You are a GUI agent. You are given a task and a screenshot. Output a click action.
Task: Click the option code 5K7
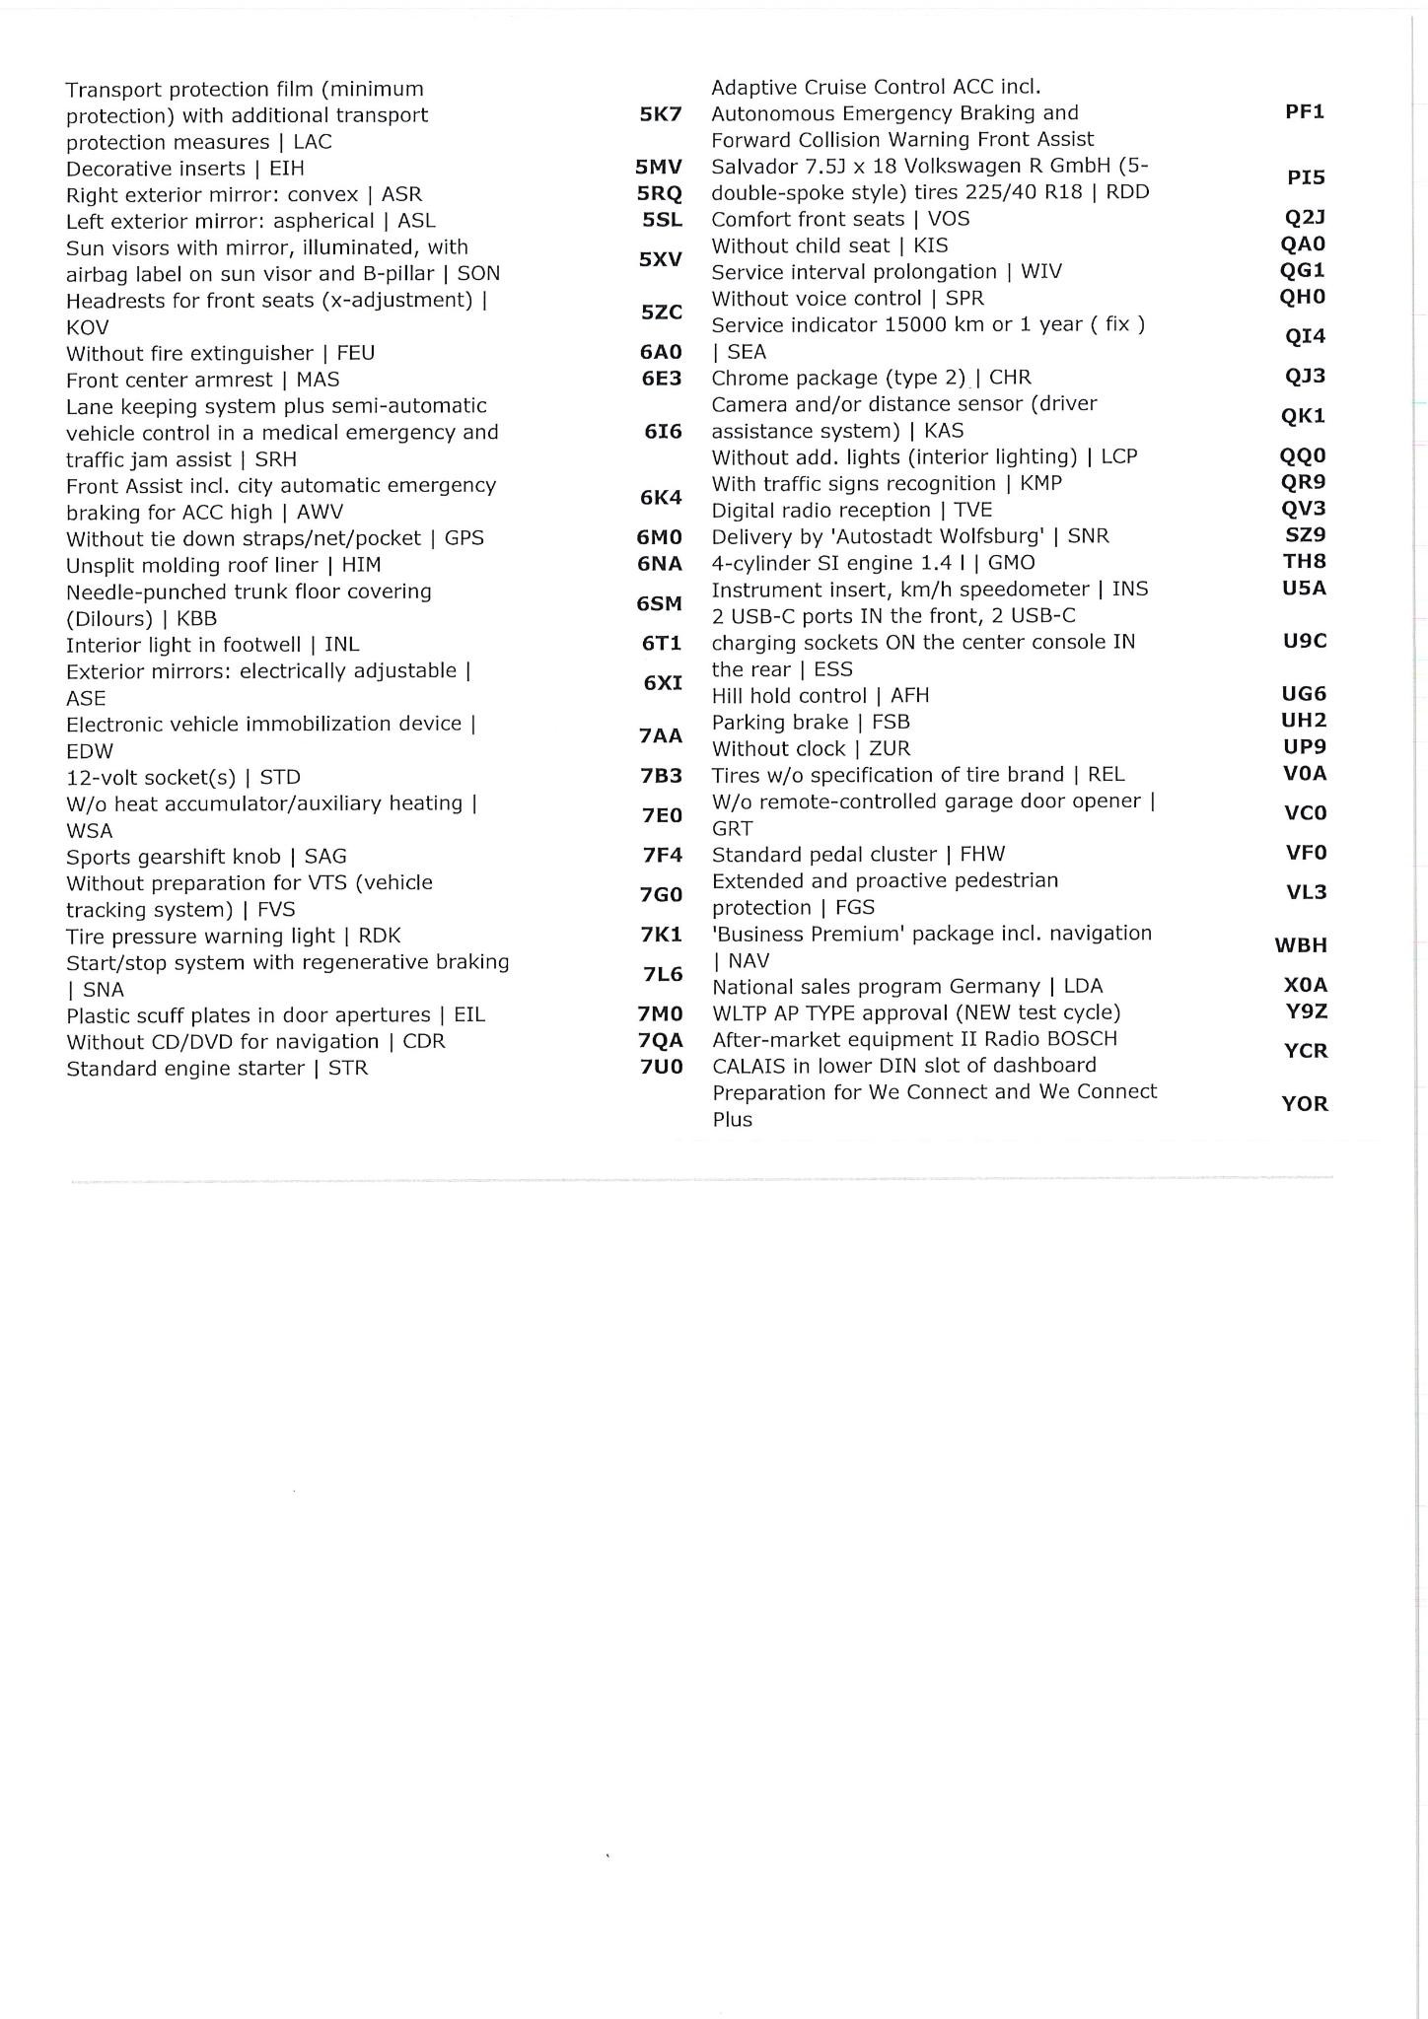(660, 114)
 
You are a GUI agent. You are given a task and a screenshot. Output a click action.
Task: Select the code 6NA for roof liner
(660, 565)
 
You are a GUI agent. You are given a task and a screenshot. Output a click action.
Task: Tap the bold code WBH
(1301, 945)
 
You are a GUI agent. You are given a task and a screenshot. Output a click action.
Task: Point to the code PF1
(1305, 111)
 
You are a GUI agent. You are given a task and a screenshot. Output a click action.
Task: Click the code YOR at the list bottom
(1305, 1104)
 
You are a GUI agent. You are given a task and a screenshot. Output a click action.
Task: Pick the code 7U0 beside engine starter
(660, 1067)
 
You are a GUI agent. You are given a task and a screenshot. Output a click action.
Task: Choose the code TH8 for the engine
(1305, 561)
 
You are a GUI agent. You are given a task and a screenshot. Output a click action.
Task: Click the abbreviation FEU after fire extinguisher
(355, 353)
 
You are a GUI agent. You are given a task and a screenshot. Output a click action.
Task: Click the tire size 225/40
(1003, 192)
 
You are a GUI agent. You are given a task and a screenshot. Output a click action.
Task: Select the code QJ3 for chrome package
(1305, 376)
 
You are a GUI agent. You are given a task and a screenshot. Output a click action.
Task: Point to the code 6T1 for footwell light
(662, 644)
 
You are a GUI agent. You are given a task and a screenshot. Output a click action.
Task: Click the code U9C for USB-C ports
(1305, 641)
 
